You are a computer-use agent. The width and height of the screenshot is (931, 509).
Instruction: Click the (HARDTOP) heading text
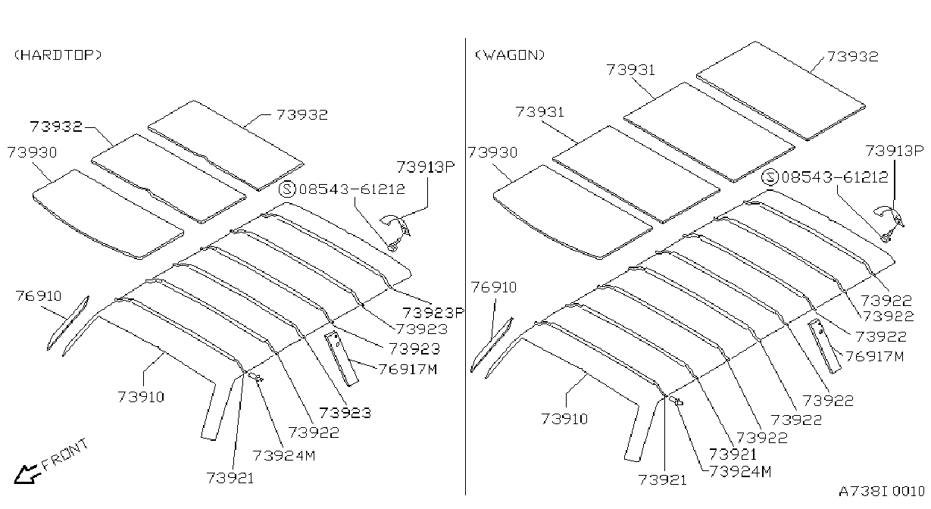(58, 55)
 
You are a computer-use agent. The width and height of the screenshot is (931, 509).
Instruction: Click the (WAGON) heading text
(510, 55)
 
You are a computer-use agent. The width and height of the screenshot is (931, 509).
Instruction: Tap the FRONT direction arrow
(27, 474)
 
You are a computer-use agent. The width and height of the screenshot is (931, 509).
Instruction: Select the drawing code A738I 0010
(882, 491)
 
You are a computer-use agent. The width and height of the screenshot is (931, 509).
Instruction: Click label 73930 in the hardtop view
(32, 152)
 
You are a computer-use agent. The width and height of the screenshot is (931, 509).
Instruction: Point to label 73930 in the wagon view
(492, 152)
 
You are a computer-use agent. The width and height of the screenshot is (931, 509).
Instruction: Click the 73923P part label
(433, 312)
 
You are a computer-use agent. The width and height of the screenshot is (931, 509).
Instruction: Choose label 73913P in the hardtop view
(426, 167)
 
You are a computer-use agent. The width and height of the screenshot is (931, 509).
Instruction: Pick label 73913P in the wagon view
(895, 151)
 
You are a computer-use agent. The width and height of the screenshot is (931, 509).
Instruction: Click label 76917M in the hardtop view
(408, 369)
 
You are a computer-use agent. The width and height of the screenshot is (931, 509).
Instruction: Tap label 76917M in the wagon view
(874, 356)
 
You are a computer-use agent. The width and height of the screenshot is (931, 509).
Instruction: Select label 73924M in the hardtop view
(284, 455)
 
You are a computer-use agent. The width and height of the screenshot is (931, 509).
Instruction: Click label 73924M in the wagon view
(740, 472)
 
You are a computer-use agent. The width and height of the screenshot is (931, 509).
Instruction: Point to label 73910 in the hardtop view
(142, 397)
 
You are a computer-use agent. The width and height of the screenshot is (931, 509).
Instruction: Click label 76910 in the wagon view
(494, 287)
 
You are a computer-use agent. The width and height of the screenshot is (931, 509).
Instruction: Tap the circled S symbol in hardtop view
(287, 189)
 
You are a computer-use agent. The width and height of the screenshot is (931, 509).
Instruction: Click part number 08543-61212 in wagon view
(835, 177)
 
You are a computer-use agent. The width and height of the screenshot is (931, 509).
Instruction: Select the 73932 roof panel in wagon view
(780, 91)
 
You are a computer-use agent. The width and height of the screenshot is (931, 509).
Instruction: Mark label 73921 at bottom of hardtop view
(230, 478)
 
